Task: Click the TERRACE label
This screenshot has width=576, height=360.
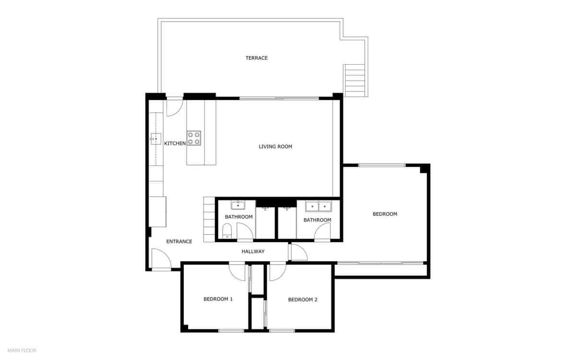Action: click(x=256, y=58)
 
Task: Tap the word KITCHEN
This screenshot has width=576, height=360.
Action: click(x=175, y=144)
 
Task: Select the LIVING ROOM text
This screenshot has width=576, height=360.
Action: click(x=275, y=147)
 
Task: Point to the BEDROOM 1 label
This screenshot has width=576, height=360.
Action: click(x=218, y=299)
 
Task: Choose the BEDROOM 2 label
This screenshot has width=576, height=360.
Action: click(x=302, y=300)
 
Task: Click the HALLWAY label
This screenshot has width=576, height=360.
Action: click(x=252, y=252)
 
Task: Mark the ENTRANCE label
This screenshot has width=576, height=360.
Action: click(x=179, y=241)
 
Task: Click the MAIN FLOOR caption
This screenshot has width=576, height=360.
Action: click(x=22, y=350)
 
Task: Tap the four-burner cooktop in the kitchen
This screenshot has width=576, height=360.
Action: click(x=194, y=138)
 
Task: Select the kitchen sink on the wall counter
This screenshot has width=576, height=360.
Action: click(x=155, y=139)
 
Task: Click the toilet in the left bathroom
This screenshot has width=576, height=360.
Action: click(x=227, y=234)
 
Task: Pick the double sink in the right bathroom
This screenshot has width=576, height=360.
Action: click(x=318, y=206)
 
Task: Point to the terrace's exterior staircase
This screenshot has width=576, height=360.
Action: click(x=354, y=80)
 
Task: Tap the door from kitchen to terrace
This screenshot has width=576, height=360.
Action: click(x=174, y=107)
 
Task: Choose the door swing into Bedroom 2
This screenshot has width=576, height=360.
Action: click(x=277, y=272)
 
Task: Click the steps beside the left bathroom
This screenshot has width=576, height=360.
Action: click(x=209, y=219)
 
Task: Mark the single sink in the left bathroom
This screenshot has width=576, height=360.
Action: click(x=238, y=206)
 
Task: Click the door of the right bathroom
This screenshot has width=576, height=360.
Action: click(x=322, y=232)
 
